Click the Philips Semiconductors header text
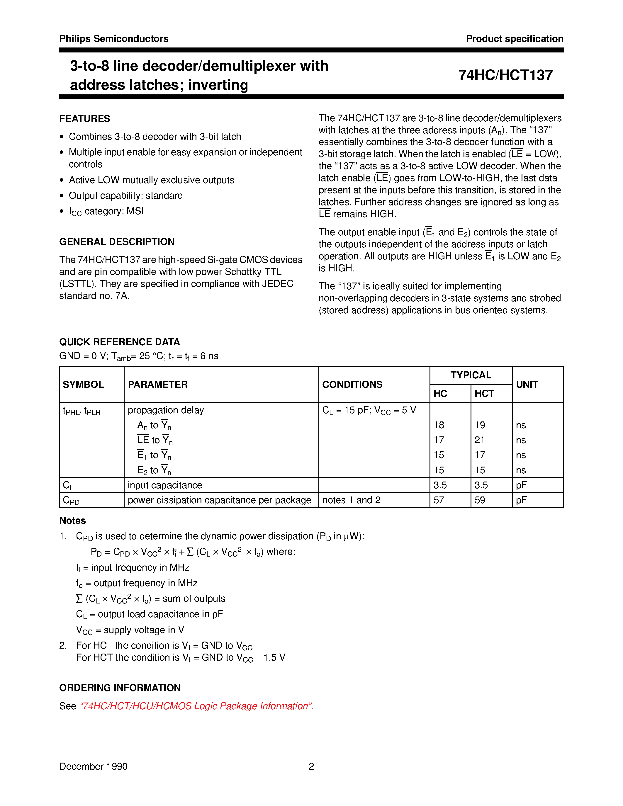(x=114, y=39)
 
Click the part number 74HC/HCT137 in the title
(x=505, y=75)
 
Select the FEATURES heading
(x=84, y=118)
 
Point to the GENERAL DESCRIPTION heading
(x=117, y=242)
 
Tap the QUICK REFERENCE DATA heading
(x=120, y=342)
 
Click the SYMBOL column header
(x=83, y=384)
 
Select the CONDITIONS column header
(x=352, y=384)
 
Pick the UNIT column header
(x=527, y=384)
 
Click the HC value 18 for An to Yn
(x=439, y=425)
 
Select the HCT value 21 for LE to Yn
(x=479, y=440)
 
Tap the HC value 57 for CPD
(x=439, y=500)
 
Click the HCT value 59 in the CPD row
(x=480, y=500)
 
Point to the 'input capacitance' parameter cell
(x=164, y=485)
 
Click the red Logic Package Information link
(x=196, y=706)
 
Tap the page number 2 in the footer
(x=311, y=766)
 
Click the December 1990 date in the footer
(x=93, y=766)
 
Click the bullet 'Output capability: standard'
(x=125, y=195)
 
